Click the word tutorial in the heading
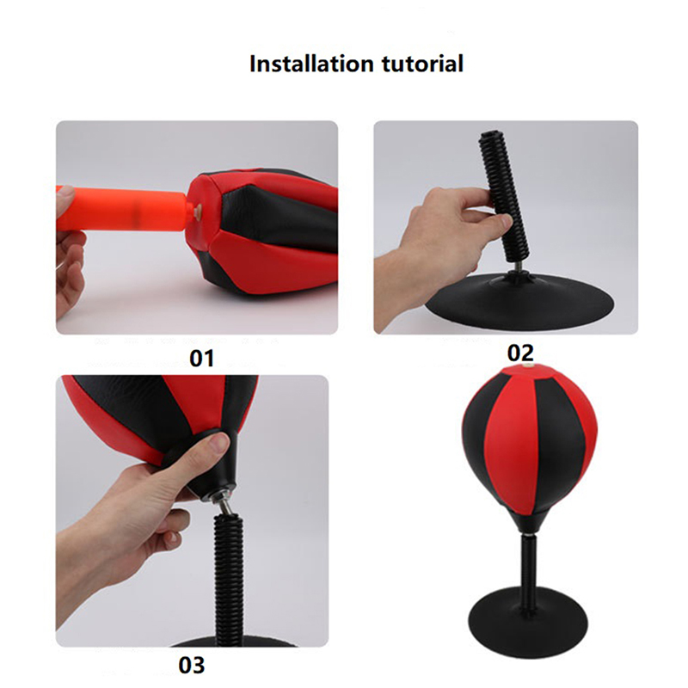(422, 64)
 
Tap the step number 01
(202, 359)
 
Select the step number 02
(521, 353)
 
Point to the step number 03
(192, 665)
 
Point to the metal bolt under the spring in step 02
(517, 266)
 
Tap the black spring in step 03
(229, 579)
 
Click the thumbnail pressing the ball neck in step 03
(218, 444)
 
